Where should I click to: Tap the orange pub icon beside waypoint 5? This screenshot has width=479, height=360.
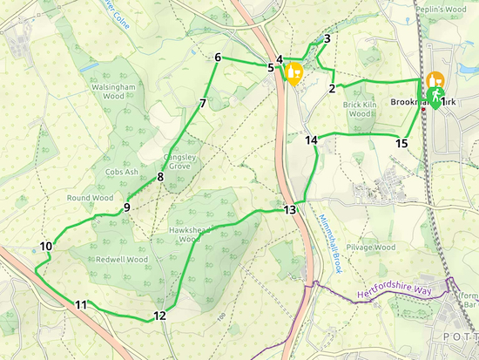click(293, 71)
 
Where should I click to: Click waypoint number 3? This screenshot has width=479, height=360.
click(327, 38)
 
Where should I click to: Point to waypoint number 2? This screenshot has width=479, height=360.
click(333, 88)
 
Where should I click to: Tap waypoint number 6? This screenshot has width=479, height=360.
click(217, 58)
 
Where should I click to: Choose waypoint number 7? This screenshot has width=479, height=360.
click(202, 104)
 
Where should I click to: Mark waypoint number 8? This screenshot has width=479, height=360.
click(160, 178)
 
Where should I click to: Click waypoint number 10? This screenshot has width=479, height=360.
click(46, 247)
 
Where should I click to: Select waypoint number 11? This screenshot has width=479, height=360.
click(81, 304)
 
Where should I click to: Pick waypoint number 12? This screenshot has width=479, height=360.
click(159, 316)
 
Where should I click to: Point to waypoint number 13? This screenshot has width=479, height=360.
click(290, 210)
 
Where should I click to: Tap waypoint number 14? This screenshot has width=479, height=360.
click(311, 139)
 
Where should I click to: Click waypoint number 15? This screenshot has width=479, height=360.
click(401, 143)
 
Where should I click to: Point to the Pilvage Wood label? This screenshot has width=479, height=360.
click(372, 248)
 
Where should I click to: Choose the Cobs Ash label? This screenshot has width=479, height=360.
click(122, 173)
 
